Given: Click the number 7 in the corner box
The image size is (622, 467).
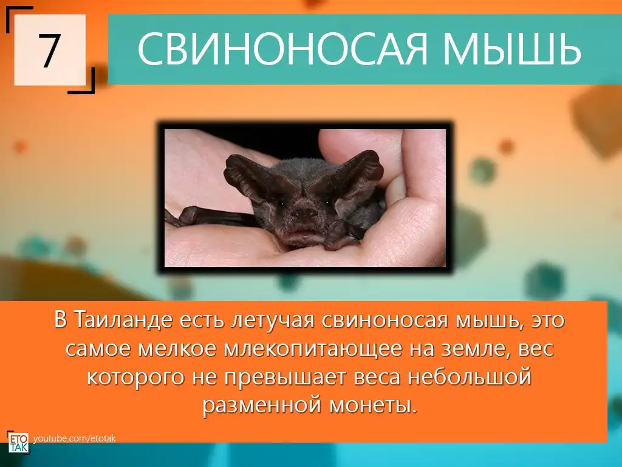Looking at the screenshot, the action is (x=50, y=50).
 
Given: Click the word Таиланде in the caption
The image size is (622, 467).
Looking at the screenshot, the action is (x=124, y=320).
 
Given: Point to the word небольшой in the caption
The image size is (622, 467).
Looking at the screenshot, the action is (x=470, y=376).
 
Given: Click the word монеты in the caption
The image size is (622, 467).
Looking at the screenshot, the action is (x=374, y=406).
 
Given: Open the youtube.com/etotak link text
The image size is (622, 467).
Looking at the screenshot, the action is (x=75, y=438).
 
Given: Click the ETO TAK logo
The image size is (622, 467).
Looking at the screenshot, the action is (x=18, y=442).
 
